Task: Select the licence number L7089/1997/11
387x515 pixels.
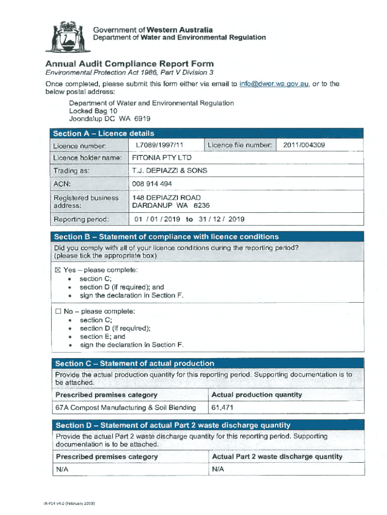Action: click(156, 145)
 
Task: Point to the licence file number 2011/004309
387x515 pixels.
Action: click(304, 145)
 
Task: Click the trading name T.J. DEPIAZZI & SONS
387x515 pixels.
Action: click(169, 170)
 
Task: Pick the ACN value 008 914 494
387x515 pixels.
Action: click(152, 184)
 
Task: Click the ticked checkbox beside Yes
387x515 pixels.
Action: click(57, 270)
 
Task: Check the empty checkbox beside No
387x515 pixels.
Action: click(58, 311)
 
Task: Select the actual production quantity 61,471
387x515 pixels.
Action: click(222, 407)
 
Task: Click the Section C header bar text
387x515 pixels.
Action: click(135, 363)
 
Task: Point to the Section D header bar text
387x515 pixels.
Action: click(173, 425)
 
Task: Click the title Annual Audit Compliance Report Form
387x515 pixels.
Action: click(129, 64)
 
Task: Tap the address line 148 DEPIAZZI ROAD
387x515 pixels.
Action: click(166, 198)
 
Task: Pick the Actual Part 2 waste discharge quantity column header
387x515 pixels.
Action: click(277, 457)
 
